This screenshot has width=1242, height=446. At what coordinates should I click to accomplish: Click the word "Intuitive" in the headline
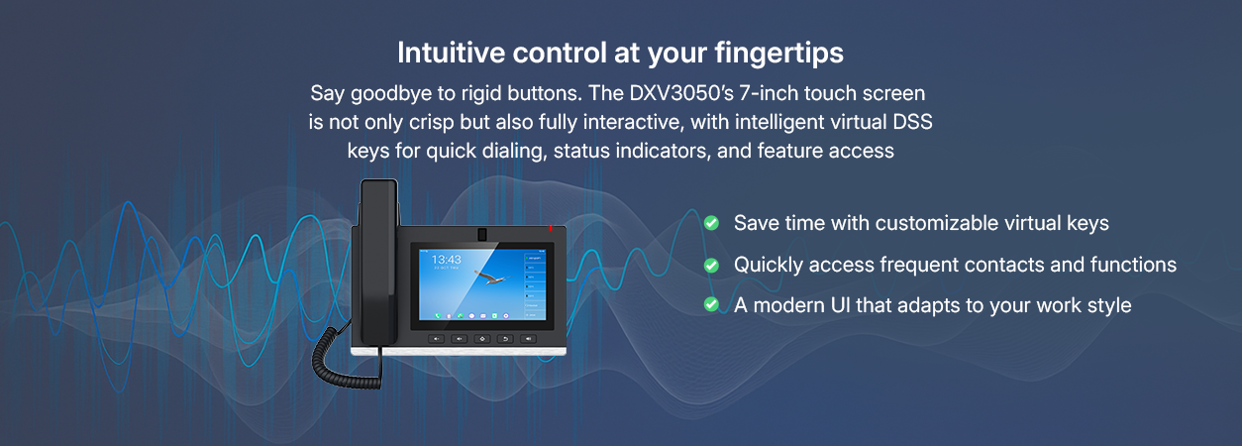coord(451,54)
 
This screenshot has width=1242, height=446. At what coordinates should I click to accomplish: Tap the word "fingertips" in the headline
coord(778,55)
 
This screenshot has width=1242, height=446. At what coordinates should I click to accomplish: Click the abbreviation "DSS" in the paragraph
coord(912,122)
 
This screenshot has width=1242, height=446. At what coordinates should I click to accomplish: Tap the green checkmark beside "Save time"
coord(711,223)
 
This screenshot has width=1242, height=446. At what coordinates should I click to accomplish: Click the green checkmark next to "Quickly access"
coord(711,266)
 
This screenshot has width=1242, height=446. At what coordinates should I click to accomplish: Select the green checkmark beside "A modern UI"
coord(711,304)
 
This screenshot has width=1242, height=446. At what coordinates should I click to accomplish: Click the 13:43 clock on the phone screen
coord(447,260)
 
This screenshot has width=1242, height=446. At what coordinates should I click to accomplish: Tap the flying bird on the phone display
coord(490,277)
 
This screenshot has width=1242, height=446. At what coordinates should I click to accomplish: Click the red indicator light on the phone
coord(551,228)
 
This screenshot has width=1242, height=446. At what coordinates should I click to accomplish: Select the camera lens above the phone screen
coord(482,234)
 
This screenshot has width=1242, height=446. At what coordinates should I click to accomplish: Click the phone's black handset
coord(379,261)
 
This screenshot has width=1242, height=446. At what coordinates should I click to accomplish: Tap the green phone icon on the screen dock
coord(438,315)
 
